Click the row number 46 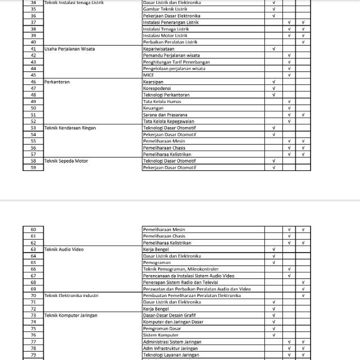pos(33,82)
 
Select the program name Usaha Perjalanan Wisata pos(69,49)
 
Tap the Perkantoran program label pos(56,82)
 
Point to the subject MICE pos(148,75)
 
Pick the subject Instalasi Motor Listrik pos(166,35)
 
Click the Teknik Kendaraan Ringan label pos(70,128)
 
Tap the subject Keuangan pos(153,108)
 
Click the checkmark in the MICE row pos(289,75)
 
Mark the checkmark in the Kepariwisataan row pos(273,49)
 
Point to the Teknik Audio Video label pos(64,249)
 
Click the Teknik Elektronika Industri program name pos(72,295)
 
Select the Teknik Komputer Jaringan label pos(71,316)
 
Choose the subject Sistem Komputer pos(160,335)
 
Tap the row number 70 pos(33,295)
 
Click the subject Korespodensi pos(157,88)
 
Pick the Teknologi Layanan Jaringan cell pos(171,355)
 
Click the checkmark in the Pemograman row pos(273,263)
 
